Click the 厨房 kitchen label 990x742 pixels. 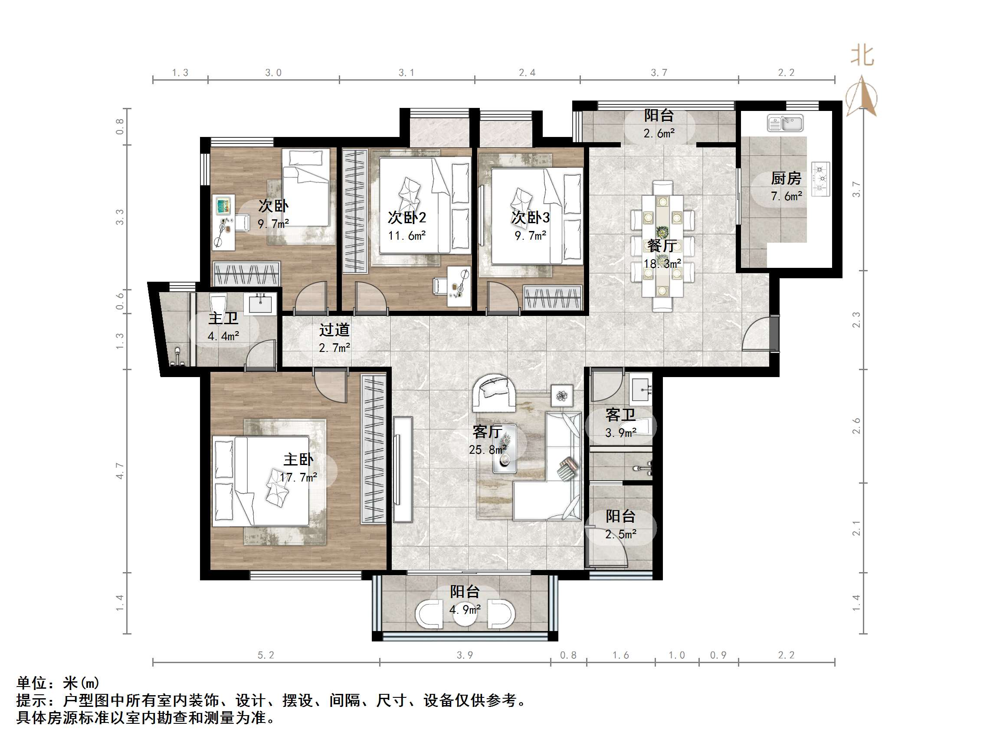tap(786, 179)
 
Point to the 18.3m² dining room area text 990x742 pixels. tap(662, 264)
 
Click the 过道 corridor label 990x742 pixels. tap(334, 330)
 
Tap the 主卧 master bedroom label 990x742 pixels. tap(298, 460)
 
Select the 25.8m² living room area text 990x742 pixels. tap(487, 449)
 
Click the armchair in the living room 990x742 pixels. tap(494, 393)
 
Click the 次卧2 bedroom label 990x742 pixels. tap(406, 218)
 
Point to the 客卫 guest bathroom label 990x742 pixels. tap(620, 415)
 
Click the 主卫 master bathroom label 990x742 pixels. tap(223, 319)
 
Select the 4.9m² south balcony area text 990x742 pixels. tap(465, 610)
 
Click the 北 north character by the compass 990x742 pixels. tap(862, 56)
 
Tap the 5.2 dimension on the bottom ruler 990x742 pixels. tap(266, 655)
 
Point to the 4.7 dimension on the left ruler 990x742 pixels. tap(119, 471)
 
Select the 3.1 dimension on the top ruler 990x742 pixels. tap(406, 72)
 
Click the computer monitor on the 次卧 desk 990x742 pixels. tap(223, 206)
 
